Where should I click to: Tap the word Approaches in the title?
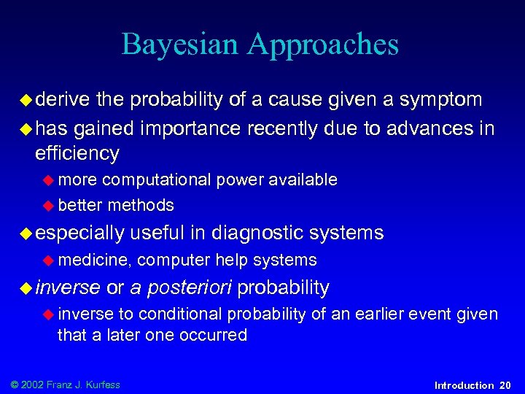pyautogui.click(x=323, y=45)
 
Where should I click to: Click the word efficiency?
pyautogui.click(x=77, y=153)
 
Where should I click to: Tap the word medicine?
pyautogui.click(x=95, y=260)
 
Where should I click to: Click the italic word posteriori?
pyautogui.click(x=189, y=287)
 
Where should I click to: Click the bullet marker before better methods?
pyautogui.click(x=50, y=206)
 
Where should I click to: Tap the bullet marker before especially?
pyautogui.click(x=26, y=233)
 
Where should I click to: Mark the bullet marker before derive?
pyautogui.click(x=26, y=98)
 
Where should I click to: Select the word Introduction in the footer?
pyautogui.click(x=464, y=385)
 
